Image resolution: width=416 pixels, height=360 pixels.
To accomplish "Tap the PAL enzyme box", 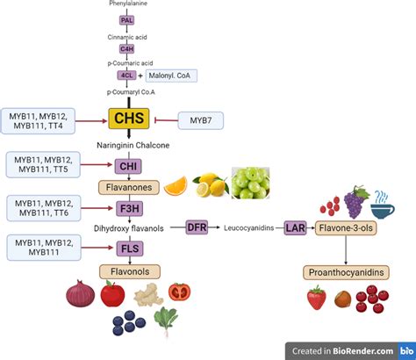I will coord(127,18).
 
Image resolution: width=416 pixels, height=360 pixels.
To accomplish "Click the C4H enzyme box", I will coord(127,49).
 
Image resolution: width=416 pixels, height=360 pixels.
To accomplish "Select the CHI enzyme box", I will coord(128,164).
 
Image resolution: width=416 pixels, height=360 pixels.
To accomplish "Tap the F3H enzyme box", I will coord(128,208).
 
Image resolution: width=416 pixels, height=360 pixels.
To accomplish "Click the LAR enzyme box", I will coord(296,227).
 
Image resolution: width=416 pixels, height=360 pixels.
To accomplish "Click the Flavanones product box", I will coord(128,186).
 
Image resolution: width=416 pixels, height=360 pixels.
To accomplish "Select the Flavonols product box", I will coord(128,271).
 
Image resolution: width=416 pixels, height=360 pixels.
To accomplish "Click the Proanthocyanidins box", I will coord(345,271).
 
